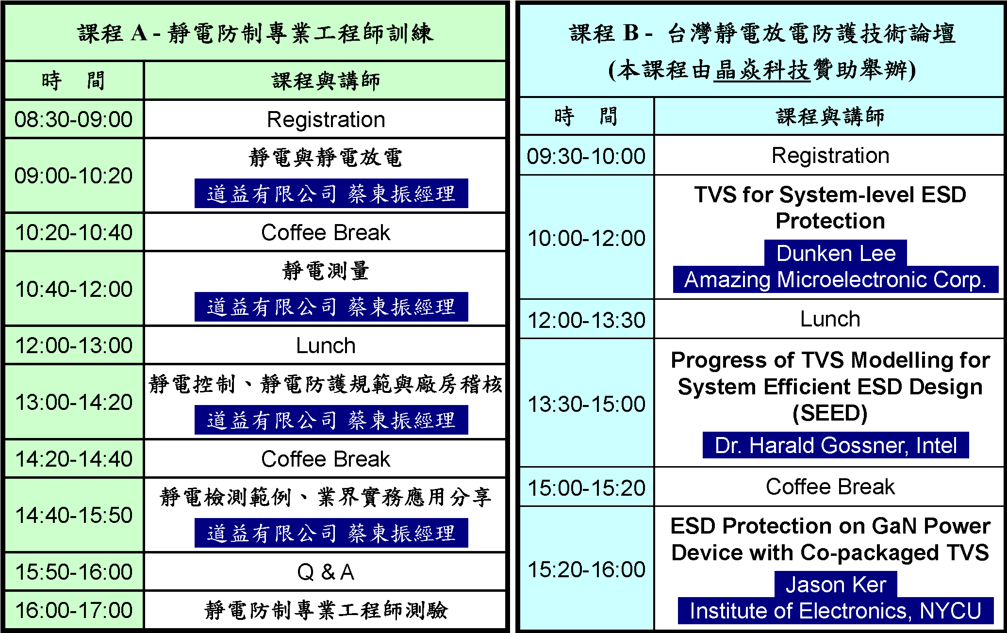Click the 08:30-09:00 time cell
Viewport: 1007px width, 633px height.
click(74, 119)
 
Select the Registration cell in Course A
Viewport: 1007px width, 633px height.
click(325, 119)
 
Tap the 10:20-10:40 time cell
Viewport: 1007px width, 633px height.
click(74, 232)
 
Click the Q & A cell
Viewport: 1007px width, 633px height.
click(325, 572)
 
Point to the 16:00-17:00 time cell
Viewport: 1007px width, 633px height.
click(74, 610)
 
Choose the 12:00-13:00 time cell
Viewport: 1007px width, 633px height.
click(74, 345)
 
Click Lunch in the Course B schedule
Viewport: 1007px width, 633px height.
click(830, 319)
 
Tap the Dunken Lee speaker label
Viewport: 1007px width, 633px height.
click(836, 253)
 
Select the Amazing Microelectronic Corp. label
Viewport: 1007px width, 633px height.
click(836, 279)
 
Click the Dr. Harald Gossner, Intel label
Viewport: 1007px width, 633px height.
click(836, 445)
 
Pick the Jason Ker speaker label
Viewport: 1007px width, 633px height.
click(836, 584)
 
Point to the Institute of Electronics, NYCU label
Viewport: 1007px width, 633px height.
click(836, 611)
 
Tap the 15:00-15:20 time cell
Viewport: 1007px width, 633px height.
click(586, 487)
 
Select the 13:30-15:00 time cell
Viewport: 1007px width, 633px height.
click(586, 404)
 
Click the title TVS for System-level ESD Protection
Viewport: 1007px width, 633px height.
click(830, 208)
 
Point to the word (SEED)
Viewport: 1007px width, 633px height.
click(830, 413)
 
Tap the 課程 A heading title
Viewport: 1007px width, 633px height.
click(255, 33)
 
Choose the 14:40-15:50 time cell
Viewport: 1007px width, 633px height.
click(74, 515)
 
